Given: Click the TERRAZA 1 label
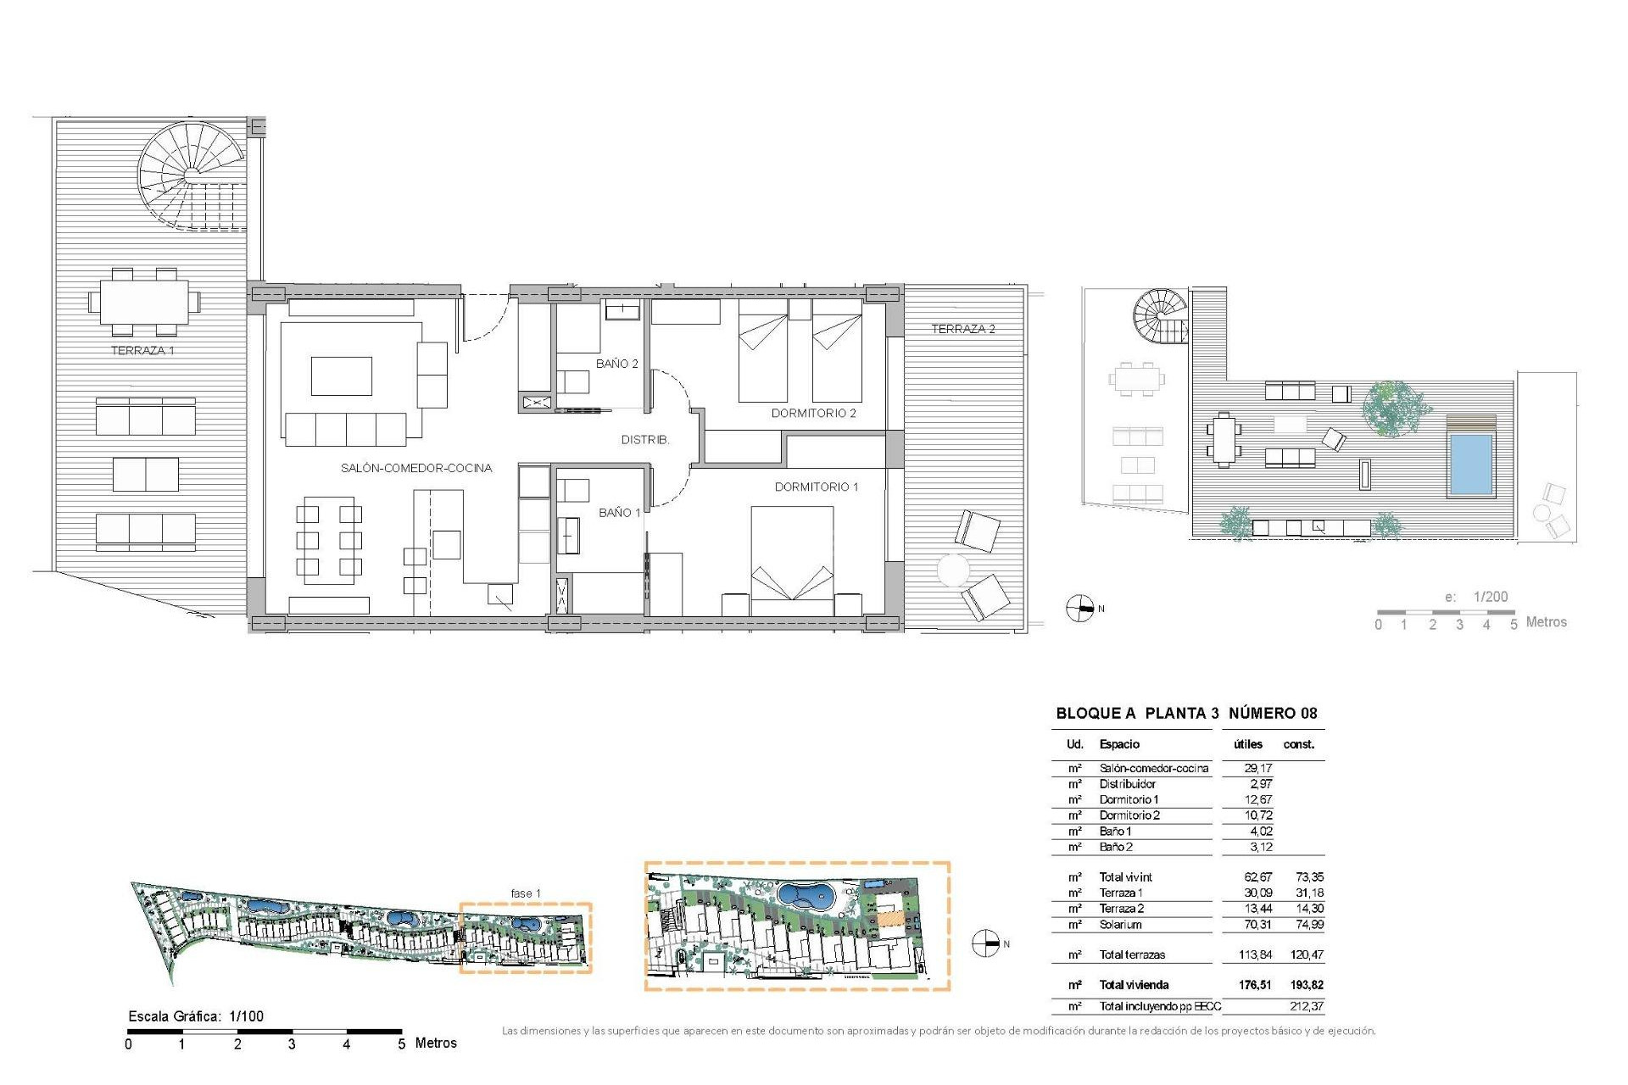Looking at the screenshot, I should pyautogui.click(x=142, y=350).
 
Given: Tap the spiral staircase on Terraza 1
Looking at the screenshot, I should pyautogui.click(x=192, y=175).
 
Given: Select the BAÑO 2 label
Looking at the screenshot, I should pyautogui.click(x=616, y=364).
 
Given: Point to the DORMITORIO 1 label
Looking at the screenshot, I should pyautogui.click(x=816, y=487).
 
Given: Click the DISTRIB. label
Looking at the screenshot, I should pyautogui.click(x=644, y=440).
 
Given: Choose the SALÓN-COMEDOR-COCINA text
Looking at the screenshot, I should pyautogui.click(x=415, y=468).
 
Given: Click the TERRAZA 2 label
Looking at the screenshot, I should pyautogui.click(x=962, y=329).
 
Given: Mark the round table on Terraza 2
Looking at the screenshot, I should pyautogui.click(x=953, y=570).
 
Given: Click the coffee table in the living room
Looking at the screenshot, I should pyautogui.click(x=341, y=376).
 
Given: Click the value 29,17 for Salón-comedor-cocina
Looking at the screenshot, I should pyautogui.click(x=1257, y=768).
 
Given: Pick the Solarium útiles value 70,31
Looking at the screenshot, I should pyautogui.click(x=1257, y=925).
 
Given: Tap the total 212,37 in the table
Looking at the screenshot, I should pyautogui.click(x=1307, y=1006).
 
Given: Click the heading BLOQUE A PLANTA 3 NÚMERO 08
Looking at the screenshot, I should pyautogui.click(x=1186, y=713).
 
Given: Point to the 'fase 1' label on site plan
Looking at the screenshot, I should pyautogui.click(x=525, y=893).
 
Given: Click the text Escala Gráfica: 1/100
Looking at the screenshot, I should pyautogui.click(x=196, y=1016).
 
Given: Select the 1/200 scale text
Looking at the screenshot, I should pyautogui.click(x=1491, y=597).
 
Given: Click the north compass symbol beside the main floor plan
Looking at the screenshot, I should pyautogui.click(x=1079, y=609).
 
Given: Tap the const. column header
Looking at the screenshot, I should pyautogui.click(x=1298, y=744).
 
